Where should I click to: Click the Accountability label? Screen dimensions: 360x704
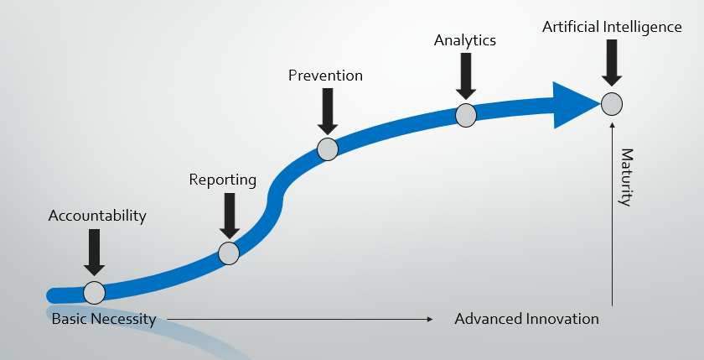coord(97,217)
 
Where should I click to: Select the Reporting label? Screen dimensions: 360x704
coord(222,180)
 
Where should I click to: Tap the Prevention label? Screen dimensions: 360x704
coord(325,76)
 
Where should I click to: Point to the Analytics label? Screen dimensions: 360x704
coord(465,40)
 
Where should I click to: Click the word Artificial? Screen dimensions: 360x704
coord(570,27)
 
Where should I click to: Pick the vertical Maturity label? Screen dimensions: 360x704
coord(625,177)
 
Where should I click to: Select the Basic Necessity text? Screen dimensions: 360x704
coord(103,319)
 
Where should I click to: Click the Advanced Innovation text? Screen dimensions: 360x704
coord(526,319)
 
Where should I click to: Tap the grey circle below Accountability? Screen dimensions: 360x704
coord(95,293)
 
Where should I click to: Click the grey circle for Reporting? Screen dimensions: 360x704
coord(228,253)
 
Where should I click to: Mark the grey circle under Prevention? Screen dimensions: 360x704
coord(328,149)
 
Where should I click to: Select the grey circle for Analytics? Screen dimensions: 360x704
coord(466,115)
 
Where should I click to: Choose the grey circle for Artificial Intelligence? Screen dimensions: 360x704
coord(612,104)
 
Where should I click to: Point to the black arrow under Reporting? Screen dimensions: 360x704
coord(228,214)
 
